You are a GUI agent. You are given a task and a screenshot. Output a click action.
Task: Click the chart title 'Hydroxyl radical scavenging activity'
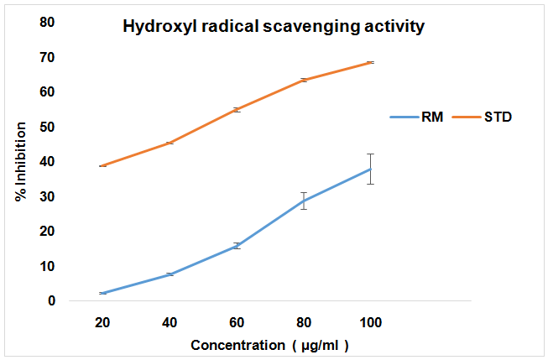click(x=274, y=26)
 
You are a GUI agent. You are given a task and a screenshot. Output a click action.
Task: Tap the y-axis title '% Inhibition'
click(x=21, y=162)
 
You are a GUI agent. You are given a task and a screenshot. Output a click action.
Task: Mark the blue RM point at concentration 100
click(x=370, y=169)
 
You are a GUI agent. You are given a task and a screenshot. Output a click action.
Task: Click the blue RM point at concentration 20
click(x=102, y=293)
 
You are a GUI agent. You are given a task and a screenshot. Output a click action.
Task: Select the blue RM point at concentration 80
click(x=304, y=201)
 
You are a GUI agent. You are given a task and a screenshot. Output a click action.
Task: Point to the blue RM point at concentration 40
click(x=170, y=274)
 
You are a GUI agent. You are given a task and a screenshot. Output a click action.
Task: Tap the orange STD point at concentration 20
click(x=102, y=166)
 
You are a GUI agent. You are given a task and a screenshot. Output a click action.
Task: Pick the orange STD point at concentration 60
click(x=237, y=109)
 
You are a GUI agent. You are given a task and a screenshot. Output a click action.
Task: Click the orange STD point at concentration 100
click(x=370, y=62)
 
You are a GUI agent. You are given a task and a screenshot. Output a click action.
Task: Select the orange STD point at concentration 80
click(x=304, y=80)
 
